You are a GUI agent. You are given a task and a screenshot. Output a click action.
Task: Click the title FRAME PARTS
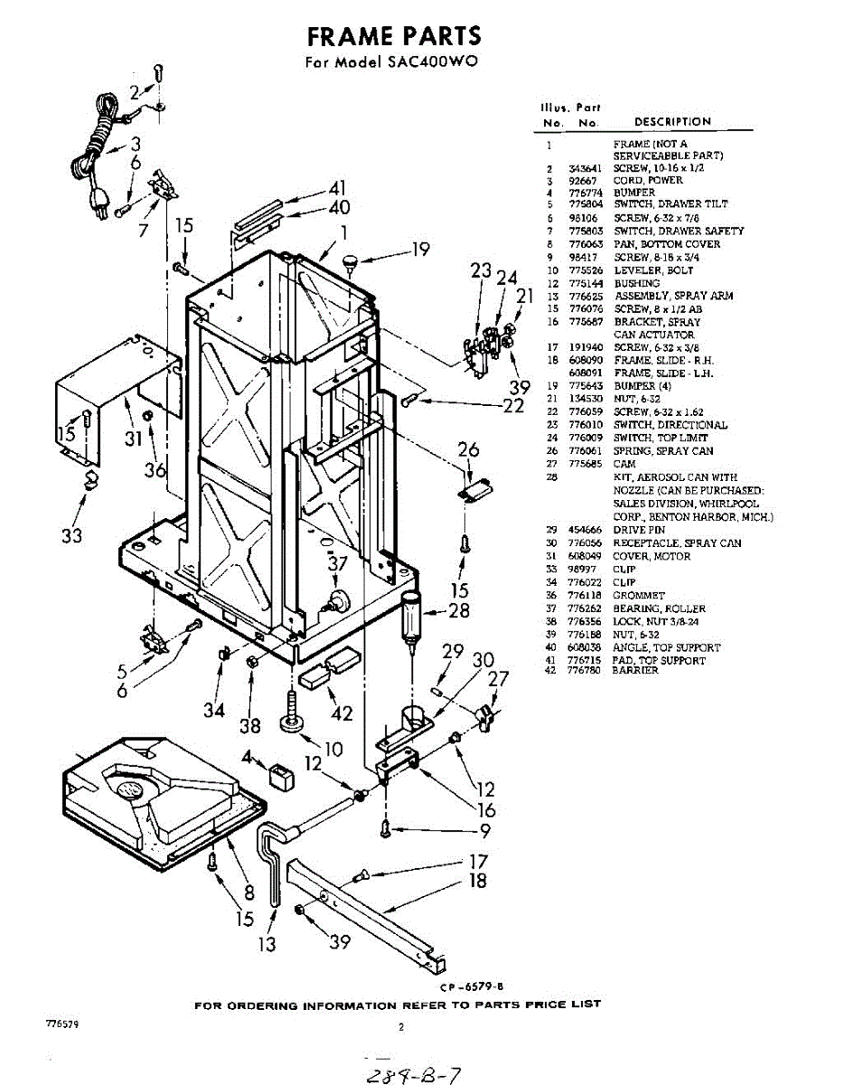[393, 36]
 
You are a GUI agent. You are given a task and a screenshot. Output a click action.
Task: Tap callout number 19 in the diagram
[420, 250]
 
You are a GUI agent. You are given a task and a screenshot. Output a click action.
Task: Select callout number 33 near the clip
[72, 534]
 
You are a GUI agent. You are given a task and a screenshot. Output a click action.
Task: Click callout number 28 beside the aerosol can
[459, 611]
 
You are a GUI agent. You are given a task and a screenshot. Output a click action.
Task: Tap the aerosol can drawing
[412, 616]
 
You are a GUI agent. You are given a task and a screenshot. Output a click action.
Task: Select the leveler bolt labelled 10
[295, 719]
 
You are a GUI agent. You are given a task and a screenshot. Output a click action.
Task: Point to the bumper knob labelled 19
[350, 263]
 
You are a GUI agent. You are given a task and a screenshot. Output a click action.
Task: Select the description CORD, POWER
[648, 180]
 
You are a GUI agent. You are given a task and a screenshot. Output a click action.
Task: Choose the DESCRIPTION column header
[672, 121]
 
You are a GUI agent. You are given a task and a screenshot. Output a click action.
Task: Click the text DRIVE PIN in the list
[639, 530]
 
